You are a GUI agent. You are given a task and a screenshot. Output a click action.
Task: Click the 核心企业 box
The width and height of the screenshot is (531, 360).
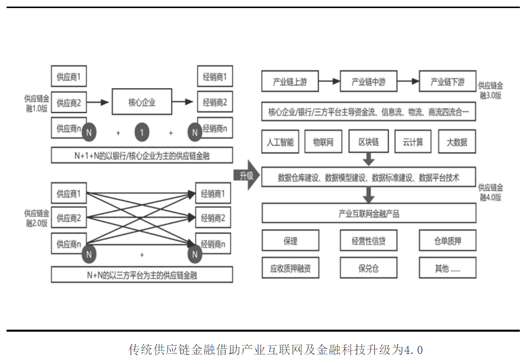(x=142, y=103)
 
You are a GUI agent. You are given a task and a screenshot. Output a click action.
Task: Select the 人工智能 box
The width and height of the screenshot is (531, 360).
(x=280, y=142)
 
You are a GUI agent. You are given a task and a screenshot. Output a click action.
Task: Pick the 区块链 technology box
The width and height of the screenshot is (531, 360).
(x=368, y=142)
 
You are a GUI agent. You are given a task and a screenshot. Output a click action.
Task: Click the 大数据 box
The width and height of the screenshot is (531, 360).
(x=457, y=142)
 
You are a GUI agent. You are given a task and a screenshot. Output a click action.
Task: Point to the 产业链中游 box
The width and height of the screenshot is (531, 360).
(x=368, y=81)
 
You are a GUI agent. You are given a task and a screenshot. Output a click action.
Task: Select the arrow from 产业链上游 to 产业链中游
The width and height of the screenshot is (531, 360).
(x=329, y=81)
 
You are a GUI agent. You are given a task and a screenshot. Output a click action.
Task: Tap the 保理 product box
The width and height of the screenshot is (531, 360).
(x=290, y=241)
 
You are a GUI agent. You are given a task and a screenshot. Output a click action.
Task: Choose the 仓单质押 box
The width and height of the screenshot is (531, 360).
(x=447, y=241)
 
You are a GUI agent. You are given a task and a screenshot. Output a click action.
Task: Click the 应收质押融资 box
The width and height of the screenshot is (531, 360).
(x=290, y=268)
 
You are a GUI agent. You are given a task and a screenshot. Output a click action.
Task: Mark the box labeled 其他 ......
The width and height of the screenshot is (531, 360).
(x=447, y=268)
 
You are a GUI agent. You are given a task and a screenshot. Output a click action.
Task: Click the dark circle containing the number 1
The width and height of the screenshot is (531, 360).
(x=142, y=133)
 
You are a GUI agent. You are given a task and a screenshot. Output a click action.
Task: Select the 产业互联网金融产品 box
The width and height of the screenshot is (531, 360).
(x=368, y=213)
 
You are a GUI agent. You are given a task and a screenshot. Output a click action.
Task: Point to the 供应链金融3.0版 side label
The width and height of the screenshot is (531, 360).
(x=491, y=90)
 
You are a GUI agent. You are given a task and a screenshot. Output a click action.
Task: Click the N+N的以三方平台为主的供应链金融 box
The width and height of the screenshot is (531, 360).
(x=142, y=275)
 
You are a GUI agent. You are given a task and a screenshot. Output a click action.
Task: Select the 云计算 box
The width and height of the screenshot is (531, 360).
(x=413, y=142)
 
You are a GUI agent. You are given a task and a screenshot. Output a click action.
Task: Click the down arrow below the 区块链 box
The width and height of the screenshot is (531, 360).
(x=368, y=159)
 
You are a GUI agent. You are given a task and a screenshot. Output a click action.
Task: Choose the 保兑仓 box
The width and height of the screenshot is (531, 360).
(x=368, y=268)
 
